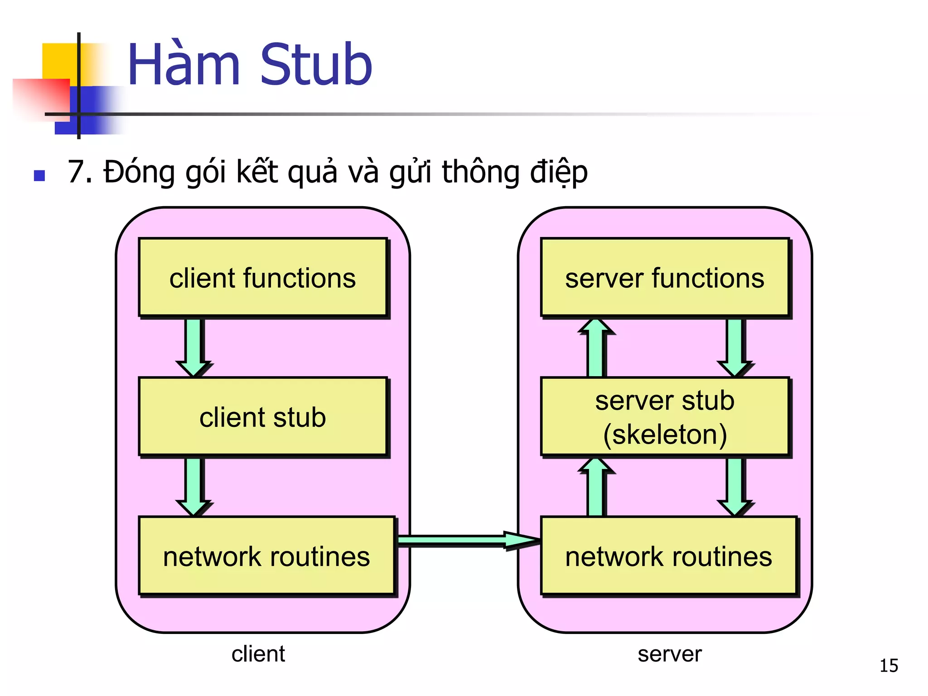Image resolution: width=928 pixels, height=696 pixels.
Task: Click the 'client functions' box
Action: tap(263, 277)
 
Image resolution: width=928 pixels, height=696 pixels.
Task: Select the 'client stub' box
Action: tap(263, 417)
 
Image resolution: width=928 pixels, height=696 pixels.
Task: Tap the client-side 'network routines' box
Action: tap(266, 556)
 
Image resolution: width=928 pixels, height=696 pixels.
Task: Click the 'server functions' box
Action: tap(665, 277)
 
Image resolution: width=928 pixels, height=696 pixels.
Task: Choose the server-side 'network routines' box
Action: tap(668, 556)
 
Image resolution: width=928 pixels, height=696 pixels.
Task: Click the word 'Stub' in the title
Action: tap(316, 64)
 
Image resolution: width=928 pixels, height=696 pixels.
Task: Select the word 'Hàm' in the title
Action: tap(184, 64)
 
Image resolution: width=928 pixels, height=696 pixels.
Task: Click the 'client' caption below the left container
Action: tap(258, 654)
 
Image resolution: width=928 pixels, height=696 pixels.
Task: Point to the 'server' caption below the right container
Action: tap(669, 654)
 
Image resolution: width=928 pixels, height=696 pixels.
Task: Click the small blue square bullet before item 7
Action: tap(39, 175)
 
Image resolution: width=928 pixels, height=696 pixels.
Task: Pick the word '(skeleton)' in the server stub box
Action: tap(665, 434)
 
